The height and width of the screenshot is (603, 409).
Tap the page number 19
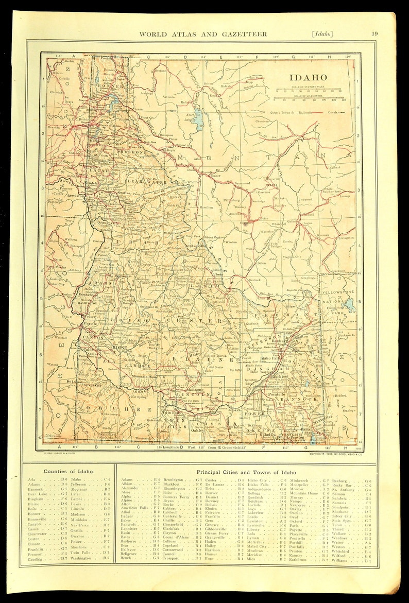click(374, 34)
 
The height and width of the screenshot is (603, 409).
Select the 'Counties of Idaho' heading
click(68, 471)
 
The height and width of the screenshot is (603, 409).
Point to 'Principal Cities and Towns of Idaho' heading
click(246, 472)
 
